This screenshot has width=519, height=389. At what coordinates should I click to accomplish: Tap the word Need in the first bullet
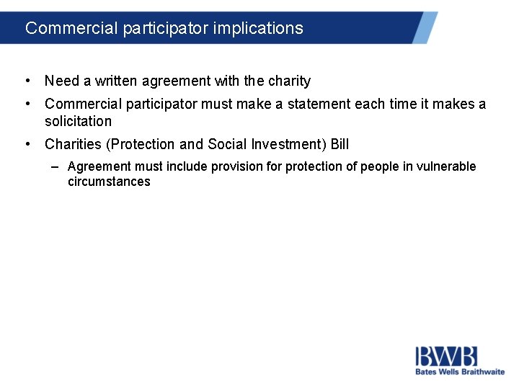[x=61, y=81]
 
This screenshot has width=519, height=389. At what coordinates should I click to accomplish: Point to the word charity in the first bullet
[x=288, y=81]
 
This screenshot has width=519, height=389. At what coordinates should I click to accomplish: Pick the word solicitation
[x=78, y=121]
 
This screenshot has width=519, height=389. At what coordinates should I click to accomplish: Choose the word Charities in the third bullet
[x=73, y=144]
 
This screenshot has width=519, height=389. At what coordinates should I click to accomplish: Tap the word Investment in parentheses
[x=288, y=144]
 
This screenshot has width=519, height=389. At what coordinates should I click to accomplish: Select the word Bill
[x=340, y=144]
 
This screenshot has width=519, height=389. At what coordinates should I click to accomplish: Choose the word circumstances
[x=109, y=182]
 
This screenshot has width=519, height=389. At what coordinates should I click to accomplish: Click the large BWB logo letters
[x=446, y=357]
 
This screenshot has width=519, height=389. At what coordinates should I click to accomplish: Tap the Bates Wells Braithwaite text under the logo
[x=459, y=372]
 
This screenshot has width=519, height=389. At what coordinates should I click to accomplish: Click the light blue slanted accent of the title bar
[x=425, y=27]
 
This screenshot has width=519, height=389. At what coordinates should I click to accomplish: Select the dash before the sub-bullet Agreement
[x=56, y=167]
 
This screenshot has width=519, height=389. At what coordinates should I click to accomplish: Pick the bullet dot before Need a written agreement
[x=27, y=81]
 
